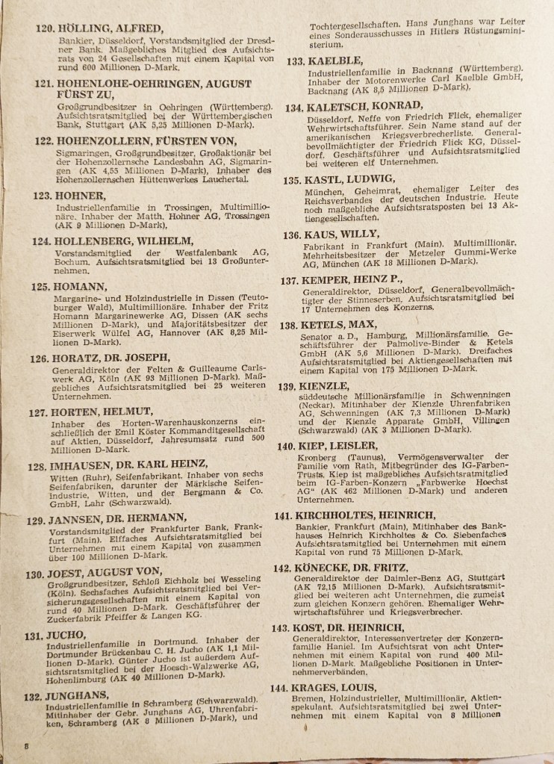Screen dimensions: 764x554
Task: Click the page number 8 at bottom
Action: (25, 746)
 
